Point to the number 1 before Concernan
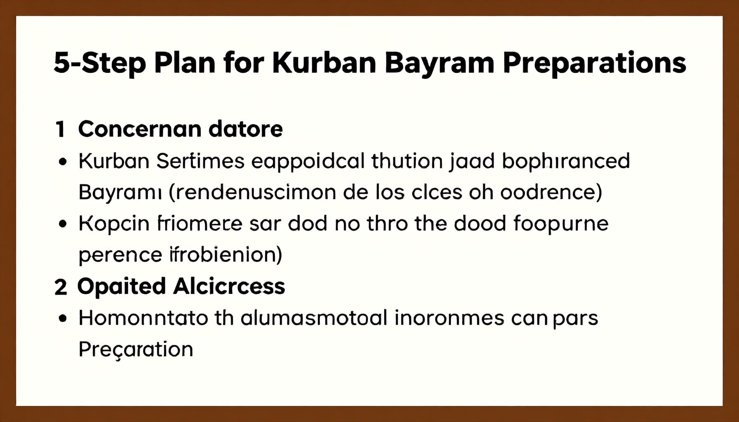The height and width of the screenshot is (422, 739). coord(60,129)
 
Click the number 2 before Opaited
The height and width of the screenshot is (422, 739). coord(61,287)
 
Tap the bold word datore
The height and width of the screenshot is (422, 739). coord(246,129)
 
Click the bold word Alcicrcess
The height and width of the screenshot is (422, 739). coord(229,286)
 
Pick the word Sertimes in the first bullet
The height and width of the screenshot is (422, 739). coord(200,161)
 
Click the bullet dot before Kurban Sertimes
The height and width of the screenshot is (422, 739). coord(63,162)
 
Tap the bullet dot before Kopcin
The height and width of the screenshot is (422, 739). coord(63,224)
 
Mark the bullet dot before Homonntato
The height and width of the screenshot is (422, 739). coord(63,319)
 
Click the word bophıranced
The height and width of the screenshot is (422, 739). coord(566,162)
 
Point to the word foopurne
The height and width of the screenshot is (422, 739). coord(561,224)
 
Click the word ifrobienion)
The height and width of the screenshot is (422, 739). coord(226,255)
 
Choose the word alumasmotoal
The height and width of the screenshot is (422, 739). coord(314,318)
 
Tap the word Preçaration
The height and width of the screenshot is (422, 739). coord(136,350)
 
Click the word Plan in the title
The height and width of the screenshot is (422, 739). coord(184,63)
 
